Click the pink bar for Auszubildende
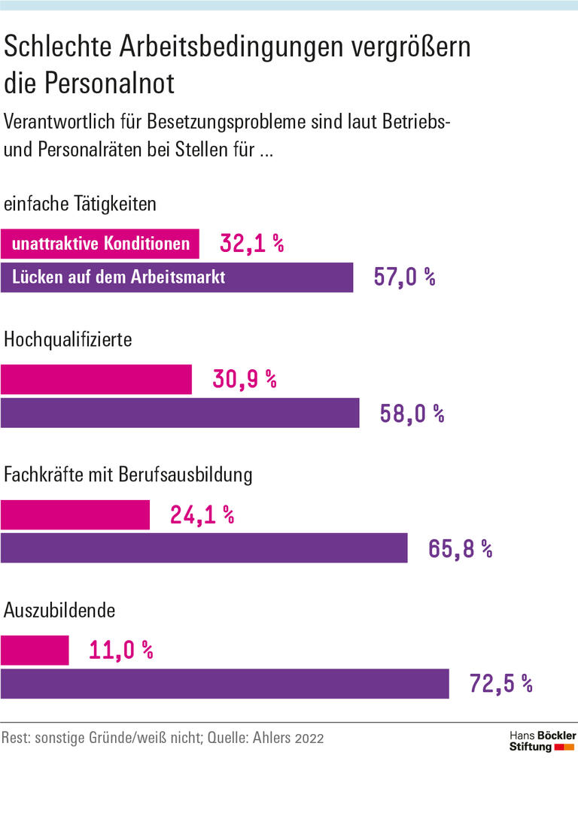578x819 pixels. click(x=35, y=651)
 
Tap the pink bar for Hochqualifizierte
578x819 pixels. click(x=96, y=379)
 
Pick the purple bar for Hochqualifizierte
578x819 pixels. click(x=180, y=413)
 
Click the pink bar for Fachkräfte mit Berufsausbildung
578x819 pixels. click(x=75, y=515)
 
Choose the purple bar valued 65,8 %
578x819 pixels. click(x=203, y=548)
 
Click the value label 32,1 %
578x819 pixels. click(x=251, y=244)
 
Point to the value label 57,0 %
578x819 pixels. click(x=405, y=278)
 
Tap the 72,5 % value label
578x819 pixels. click(x=500, y=684)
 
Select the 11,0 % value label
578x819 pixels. click(x=120, y=651)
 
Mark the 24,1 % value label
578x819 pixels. click(x=202, y=515)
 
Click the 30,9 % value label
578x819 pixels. click(x=244, y=379)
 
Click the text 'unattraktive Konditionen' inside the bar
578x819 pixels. click(x=101, y=244)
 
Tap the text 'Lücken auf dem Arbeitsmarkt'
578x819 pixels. click(x=119, y=278)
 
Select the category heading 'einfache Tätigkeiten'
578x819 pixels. click(x=81, y=204)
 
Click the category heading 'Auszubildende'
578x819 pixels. click(x=59, y=611)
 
